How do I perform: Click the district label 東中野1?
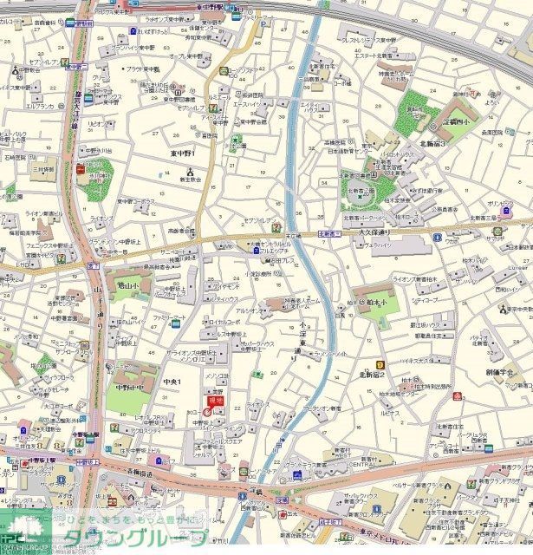[x=183, y=153]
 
